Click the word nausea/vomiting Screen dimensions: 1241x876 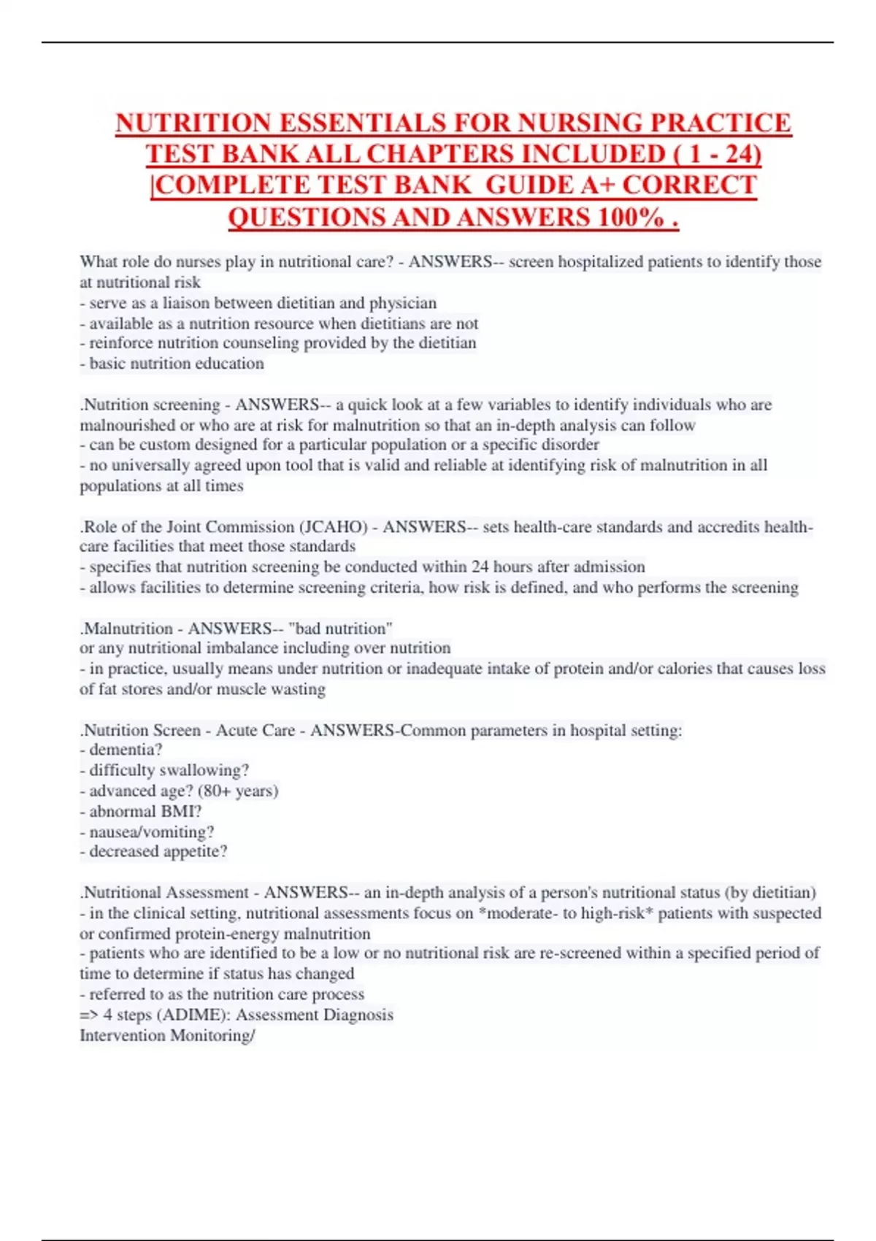[152, 831]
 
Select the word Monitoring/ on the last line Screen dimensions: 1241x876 [211, 1035]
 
